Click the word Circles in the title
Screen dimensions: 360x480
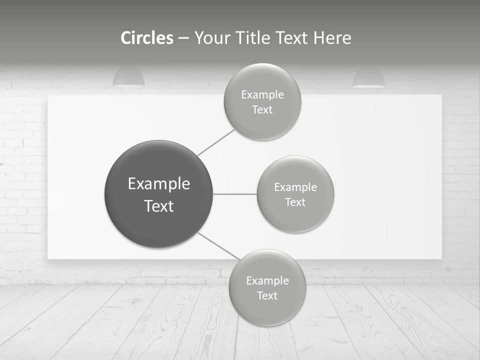click(x=146, y=38)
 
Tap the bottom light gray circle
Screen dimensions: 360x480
click(x=267, y=310)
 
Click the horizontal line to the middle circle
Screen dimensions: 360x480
click(x=234, y=194)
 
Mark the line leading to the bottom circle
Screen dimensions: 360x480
click(x=219, y=245)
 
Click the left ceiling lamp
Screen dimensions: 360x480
click(x=128, y=77)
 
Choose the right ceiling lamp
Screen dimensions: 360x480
click(x=368, y=77)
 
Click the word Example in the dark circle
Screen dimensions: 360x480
click(x=159, y=184)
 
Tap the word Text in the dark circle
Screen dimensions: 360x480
click(x=159, y=206)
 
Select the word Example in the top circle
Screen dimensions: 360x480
click(x=262, y=95)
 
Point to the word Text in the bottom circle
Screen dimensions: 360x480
click(x=267, y=295)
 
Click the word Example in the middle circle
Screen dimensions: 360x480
click(x=295, y=187)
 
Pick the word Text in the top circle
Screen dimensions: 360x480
click(x=262, y=110)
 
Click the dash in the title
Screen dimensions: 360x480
click(x=183, y=38)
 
